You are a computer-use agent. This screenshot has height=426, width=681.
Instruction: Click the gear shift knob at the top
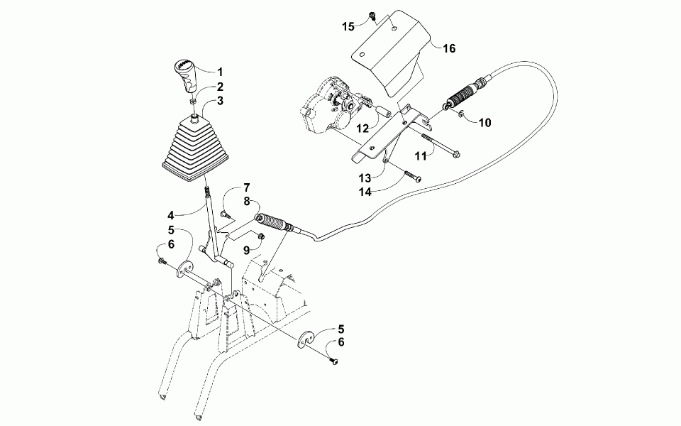(186, 75)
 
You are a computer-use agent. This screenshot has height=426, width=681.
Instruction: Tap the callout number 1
(220, 72)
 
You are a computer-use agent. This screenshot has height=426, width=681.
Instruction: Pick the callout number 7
(247, 187)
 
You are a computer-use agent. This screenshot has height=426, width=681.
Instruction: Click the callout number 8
(247, 202)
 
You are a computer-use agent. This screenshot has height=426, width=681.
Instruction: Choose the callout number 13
(365, 177)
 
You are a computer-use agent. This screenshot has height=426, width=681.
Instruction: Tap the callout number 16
(448, 49)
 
